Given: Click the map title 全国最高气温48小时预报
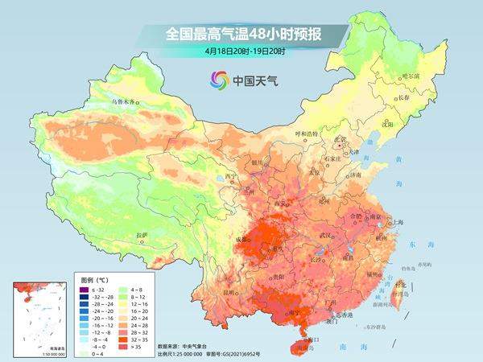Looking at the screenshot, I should click(242, 35).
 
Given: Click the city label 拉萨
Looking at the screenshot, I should click(142, 234).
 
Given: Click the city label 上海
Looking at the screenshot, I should click(398, 221).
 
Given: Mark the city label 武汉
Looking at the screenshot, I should click(325, 234).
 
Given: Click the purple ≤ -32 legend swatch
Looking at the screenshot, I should click(82, 287).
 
